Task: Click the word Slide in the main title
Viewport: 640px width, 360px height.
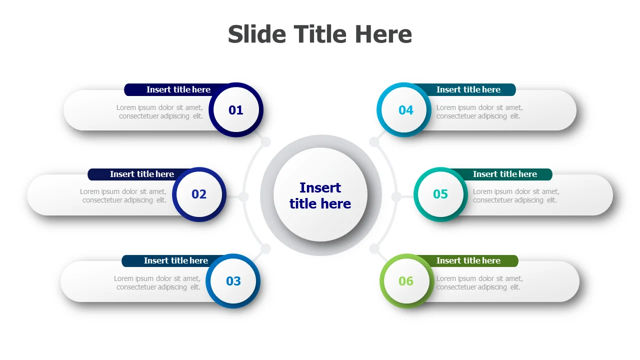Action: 257,34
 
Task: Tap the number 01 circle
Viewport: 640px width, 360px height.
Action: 236,110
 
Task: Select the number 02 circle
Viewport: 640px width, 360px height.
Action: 199,194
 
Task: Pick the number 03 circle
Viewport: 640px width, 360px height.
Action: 233,281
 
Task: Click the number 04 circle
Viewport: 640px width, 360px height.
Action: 404,110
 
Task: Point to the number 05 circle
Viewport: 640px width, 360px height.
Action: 440,194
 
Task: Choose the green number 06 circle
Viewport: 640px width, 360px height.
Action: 407,281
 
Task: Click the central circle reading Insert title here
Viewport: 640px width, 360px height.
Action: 320,195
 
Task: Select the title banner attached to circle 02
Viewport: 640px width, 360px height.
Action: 137,174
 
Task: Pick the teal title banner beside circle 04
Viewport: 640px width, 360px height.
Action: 468,89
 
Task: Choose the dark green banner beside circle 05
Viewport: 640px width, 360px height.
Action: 505,174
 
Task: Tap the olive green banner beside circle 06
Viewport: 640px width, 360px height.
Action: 468,261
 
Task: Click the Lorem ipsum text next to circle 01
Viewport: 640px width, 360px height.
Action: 159,111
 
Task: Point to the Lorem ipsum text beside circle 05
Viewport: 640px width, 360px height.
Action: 516,195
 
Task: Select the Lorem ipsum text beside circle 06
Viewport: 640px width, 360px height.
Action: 479,282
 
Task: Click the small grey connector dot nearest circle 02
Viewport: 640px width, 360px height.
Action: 243,197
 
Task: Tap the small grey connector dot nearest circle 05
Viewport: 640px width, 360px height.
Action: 396,197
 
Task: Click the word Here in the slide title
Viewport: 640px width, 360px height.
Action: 383,34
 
